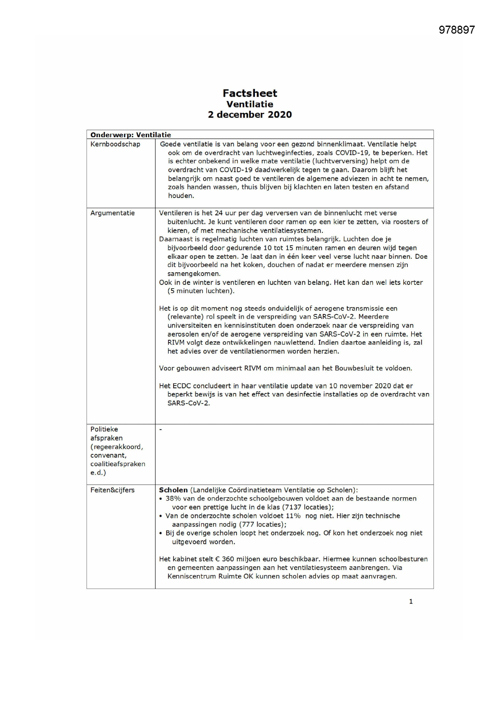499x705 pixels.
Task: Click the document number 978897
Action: [x=456, y=30]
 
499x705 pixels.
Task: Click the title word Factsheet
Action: [x=250, y=93]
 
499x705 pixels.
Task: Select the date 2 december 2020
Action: [x=250, y=115]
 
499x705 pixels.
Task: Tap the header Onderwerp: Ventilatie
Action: [x=131, y=135]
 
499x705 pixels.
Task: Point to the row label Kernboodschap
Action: [x=115, y=144]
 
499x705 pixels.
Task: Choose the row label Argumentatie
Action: [x=113, y=213]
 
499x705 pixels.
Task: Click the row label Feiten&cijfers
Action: [x=113, y=490]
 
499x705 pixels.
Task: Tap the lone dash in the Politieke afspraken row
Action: [x=161, y=429]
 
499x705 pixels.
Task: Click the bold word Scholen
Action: [x=173, y=490]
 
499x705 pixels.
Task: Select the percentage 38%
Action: [x=173, y=498]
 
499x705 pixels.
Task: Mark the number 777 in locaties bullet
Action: [x=248, y=524]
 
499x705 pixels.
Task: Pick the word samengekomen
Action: [x=194, y=273]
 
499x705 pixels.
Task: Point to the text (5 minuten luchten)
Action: [x=201, y=291]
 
